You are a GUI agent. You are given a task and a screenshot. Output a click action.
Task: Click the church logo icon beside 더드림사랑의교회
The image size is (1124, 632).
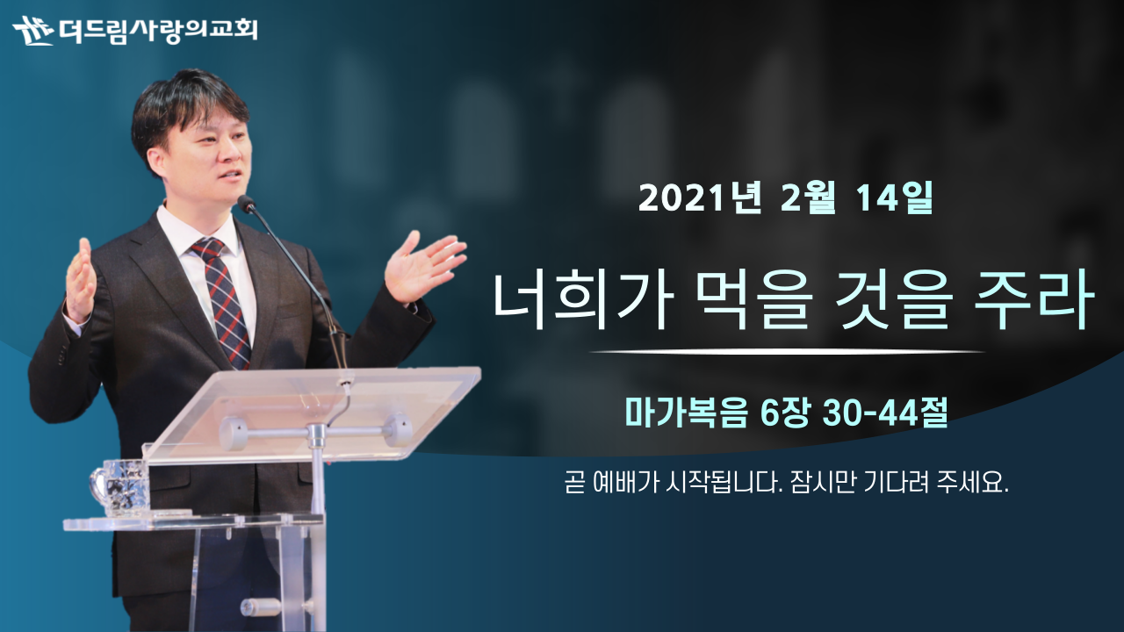point(33,30)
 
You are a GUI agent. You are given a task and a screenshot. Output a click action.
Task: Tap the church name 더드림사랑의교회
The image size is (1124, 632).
point(158,30)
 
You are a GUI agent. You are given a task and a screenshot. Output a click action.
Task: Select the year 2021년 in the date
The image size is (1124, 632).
point(700,198)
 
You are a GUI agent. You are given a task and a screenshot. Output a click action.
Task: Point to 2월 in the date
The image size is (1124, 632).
point(809,198)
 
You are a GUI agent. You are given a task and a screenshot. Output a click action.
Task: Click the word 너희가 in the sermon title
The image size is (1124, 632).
point(582,300)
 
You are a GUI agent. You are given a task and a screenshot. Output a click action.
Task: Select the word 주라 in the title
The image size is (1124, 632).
point(1034,300)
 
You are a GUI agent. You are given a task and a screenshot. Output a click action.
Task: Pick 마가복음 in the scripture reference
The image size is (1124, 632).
point(686,413)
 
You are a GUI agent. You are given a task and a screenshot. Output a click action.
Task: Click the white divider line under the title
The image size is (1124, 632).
point(787,352)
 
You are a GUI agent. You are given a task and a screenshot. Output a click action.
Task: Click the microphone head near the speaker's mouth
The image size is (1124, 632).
point(247,204)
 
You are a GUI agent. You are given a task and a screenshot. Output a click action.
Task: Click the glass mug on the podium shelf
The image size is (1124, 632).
point(120,486)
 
